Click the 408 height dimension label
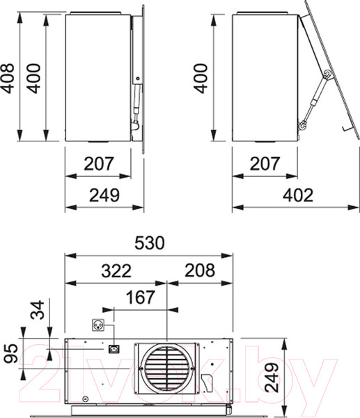(8, 78)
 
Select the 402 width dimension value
(298, 195)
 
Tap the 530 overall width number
(150, 243)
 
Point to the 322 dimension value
(116, 271)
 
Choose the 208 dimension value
(200, 270)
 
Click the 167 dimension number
(140, 297)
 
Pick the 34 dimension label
(38, 310)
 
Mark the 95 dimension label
(11, 353)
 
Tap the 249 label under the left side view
(104, 195)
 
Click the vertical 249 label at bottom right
(272, 378)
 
